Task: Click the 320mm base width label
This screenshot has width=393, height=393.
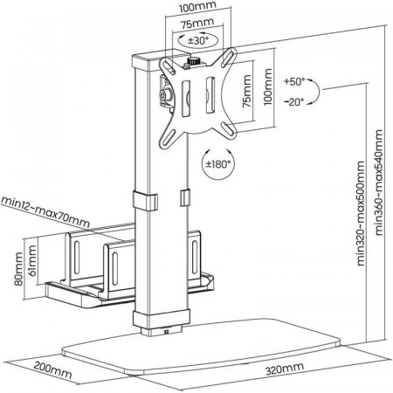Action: [285, 369]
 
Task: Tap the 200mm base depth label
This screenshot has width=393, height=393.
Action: [52, 369]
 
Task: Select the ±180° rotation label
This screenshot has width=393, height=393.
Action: [217, 164]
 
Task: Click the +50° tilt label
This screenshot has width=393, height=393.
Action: [294, 82]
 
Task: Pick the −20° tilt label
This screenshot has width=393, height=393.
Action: [294, 102]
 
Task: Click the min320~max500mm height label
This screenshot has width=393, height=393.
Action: [361, 213]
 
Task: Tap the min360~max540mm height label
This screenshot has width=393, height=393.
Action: [379, 183]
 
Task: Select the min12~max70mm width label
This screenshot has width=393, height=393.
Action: [45, 212]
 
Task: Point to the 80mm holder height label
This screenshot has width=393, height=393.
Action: [18, 269]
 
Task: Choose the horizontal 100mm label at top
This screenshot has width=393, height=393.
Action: [197, 6]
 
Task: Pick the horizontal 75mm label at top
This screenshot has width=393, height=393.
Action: [197, 24]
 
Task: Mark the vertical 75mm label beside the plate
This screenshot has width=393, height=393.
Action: [247, 91]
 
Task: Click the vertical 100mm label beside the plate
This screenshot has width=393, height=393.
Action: [267, 86]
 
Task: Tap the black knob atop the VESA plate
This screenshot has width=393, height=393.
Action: [192, 61]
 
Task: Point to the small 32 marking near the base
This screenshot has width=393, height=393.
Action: [166, 331]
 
